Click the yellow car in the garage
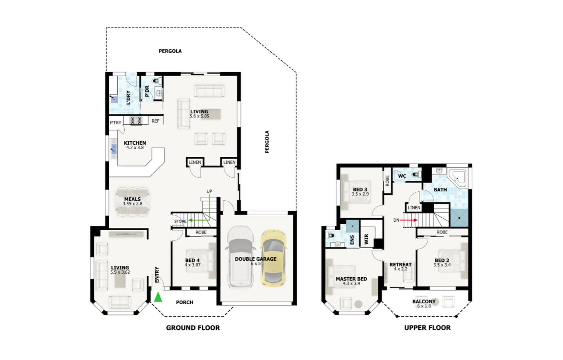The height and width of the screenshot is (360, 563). click(273, 258)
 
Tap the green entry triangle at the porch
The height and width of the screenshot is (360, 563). click(158, 297)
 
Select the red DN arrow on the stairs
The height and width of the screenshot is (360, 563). click(409, 220)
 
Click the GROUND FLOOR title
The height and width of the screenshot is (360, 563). click(193, 328)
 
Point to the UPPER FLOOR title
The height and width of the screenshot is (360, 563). click(427, 328)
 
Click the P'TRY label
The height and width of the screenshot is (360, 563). click(116, 123)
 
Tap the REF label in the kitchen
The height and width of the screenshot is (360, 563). click(155, 121)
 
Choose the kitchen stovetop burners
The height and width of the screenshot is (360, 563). click(136, 121)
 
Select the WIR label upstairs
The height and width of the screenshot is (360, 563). click(366, 239)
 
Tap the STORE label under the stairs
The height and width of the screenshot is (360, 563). click(180, 221)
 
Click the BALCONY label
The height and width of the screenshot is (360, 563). click(424, 301)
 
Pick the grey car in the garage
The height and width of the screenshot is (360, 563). click(240, 257)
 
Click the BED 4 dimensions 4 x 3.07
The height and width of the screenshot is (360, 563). click(192, 265)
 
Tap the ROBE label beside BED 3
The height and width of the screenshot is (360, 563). click(387, 181)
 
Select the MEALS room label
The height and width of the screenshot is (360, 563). click(132, 199)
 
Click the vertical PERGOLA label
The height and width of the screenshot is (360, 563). click(267, 142)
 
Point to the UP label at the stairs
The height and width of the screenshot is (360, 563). click(209, 191)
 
